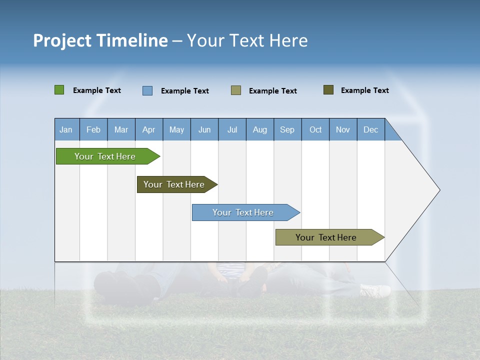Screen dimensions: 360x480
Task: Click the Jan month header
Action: pos(66,129)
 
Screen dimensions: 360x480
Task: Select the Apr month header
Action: pos(149,129)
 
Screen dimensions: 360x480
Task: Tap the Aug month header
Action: pos(260,129)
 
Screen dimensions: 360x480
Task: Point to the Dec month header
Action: pos(370,129)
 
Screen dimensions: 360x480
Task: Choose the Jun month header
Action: pos(204,129)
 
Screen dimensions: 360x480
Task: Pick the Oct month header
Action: pos(315,129)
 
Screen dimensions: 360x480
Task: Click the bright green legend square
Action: pos(59,90)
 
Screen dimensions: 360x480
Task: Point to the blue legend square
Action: pos(147,90)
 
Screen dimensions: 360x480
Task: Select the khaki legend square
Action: pos(236,90)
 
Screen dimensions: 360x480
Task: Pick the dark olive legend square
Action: pos(328,90)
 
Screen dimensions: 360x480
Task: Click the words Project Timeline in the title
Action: pos(100,40)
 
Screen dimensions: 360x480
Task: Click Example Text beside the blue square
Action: pos(185,91)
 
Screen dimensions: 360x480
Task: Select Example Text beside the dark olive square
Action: pos(365,90)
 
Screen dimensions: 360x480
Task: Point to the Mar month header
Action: pos(121,129)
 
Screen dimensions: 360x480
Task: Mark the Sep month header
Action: pos(287,129)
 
